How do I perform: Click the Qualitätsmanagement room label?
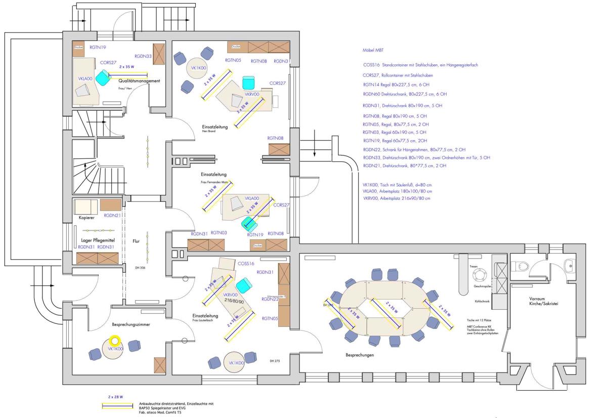pos(139,81)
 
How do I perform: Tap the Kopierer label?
pos(87,218)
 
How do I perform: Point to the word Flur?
pos(136,241)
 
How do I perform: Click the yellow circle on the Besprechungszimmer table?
pos(115,341)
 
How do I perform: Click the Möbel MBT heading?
pos(373,51)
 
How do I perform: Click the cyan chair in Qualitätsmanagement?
pos(103,77)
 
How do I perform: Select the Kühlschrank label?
pos(482,301)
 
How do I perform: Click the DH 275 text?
pos(275,361)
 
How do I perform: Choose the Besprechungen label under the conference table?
pos(360,355)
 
